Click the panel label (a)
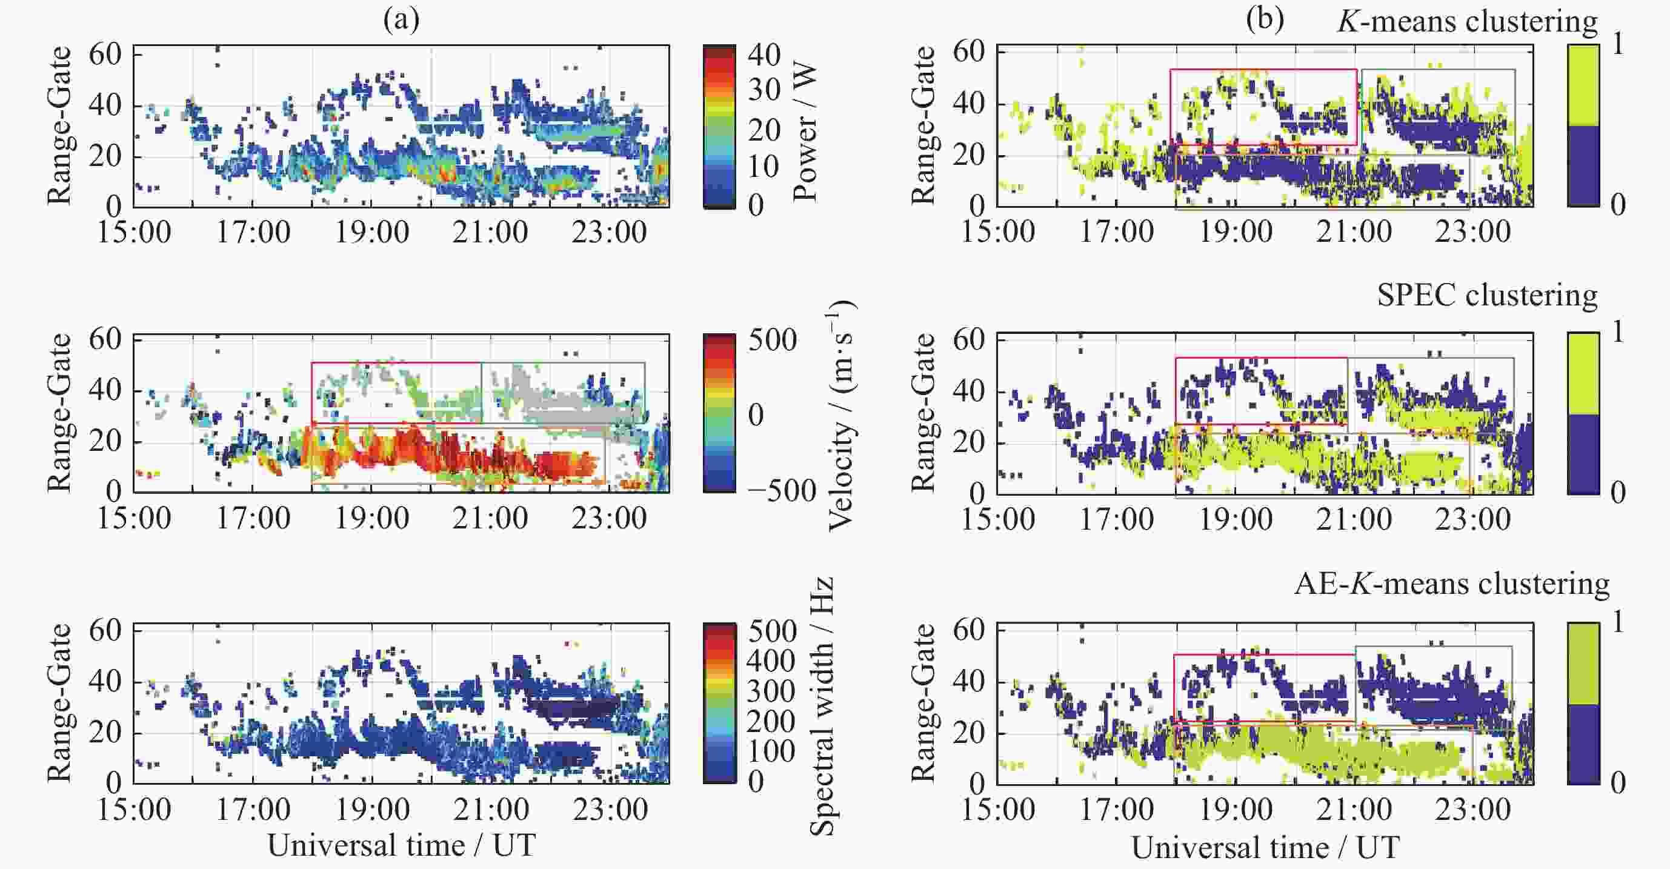tap(401, 21)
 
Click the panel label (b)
tap(1264, 21)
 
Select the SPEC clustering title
tap(1487, 296)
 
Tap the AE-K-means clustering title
tap(1451, 584)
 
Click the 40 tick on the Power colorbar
tap(763, 55)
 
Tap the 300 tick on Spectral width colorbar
tap(770, 691)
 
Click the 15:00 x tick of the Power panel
tap(134, 232)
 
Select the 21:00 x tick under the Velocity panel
tap(490, 519)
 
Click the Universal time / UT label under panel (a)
tap(401, 845)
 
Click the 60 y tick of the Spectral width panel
tap(105, 630)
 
